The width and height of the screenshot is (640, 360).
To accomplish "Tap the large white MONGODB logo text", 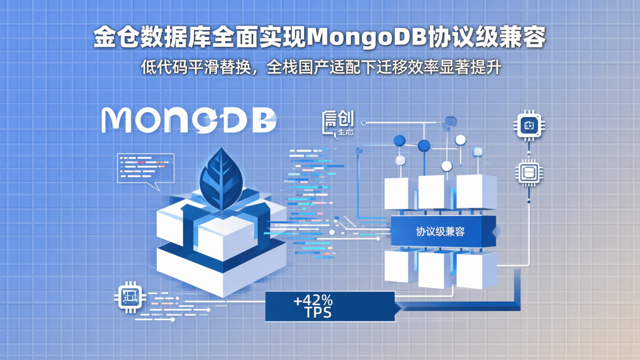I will tap(189, 120).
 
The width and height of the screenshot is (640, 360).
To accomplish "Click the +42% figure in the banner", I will tap(313, 301).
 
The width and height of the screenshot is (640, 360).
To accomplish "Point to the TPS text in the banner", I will tap(318, 313).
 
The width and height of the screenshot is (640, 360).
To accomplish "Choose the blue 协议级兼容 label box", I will tap(442, 231).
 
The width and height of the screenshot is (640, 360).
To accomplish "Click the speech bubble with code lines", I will tap(145, 169).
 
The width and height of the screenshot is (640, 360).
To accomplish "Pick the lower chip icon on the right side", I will tap(529, 172).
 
